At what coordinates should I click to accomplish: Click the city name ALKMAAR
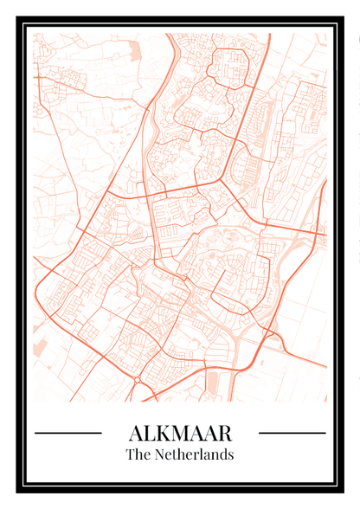tap(180, 432)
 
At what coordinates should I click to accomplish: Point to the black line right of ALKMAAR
tap(292, 432)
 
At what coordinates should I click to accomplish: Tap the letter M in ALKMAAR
tap(183, 432)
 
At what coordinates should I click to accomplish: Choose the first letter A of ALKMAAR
tap(136, 432)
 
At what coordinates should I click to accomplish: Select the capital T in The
tap(130, 454)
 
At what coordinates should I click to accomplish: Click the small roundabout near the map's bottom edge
tap(137, 379)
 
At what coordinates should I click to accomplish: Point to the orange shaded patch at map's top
tap(134, 50)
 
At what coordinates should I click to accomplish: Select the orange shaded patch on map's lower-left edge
tap(40, 348)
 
